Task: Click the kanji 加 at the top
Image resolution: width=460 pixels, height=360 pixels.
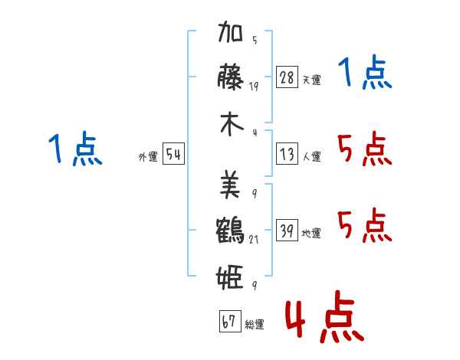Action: [x=232, y=34]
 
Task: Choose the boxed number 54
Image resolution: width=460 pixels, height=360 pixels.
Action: [x=173, y=155]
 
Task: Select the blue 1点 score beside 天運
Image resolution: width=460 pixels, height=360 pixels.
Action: [x=365, y=74]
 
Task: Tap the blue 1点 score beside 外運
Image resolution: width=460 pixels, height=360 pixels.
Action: [x=74, y=149]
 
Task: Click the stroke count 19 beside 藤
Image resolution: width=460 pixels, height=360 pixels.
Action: [x=254, y=87]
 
